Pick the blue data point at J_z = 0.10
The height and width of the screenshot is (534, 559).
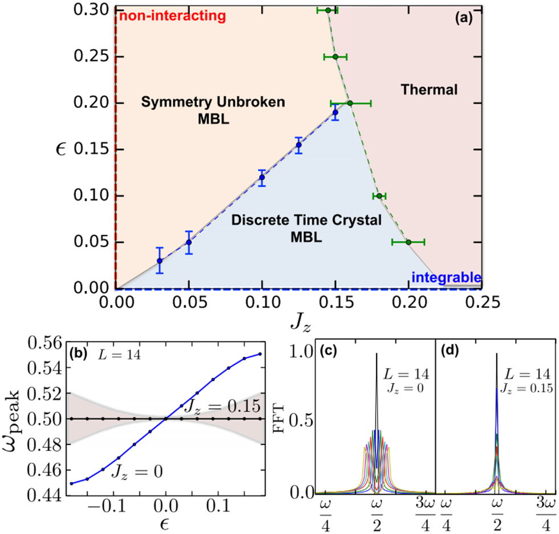tap(262, 177)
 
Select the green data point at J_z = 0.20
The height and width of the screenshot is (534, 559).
tap(408, 242)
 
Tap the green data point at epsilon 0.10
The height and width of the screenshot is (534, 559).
tap(379, 196)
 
